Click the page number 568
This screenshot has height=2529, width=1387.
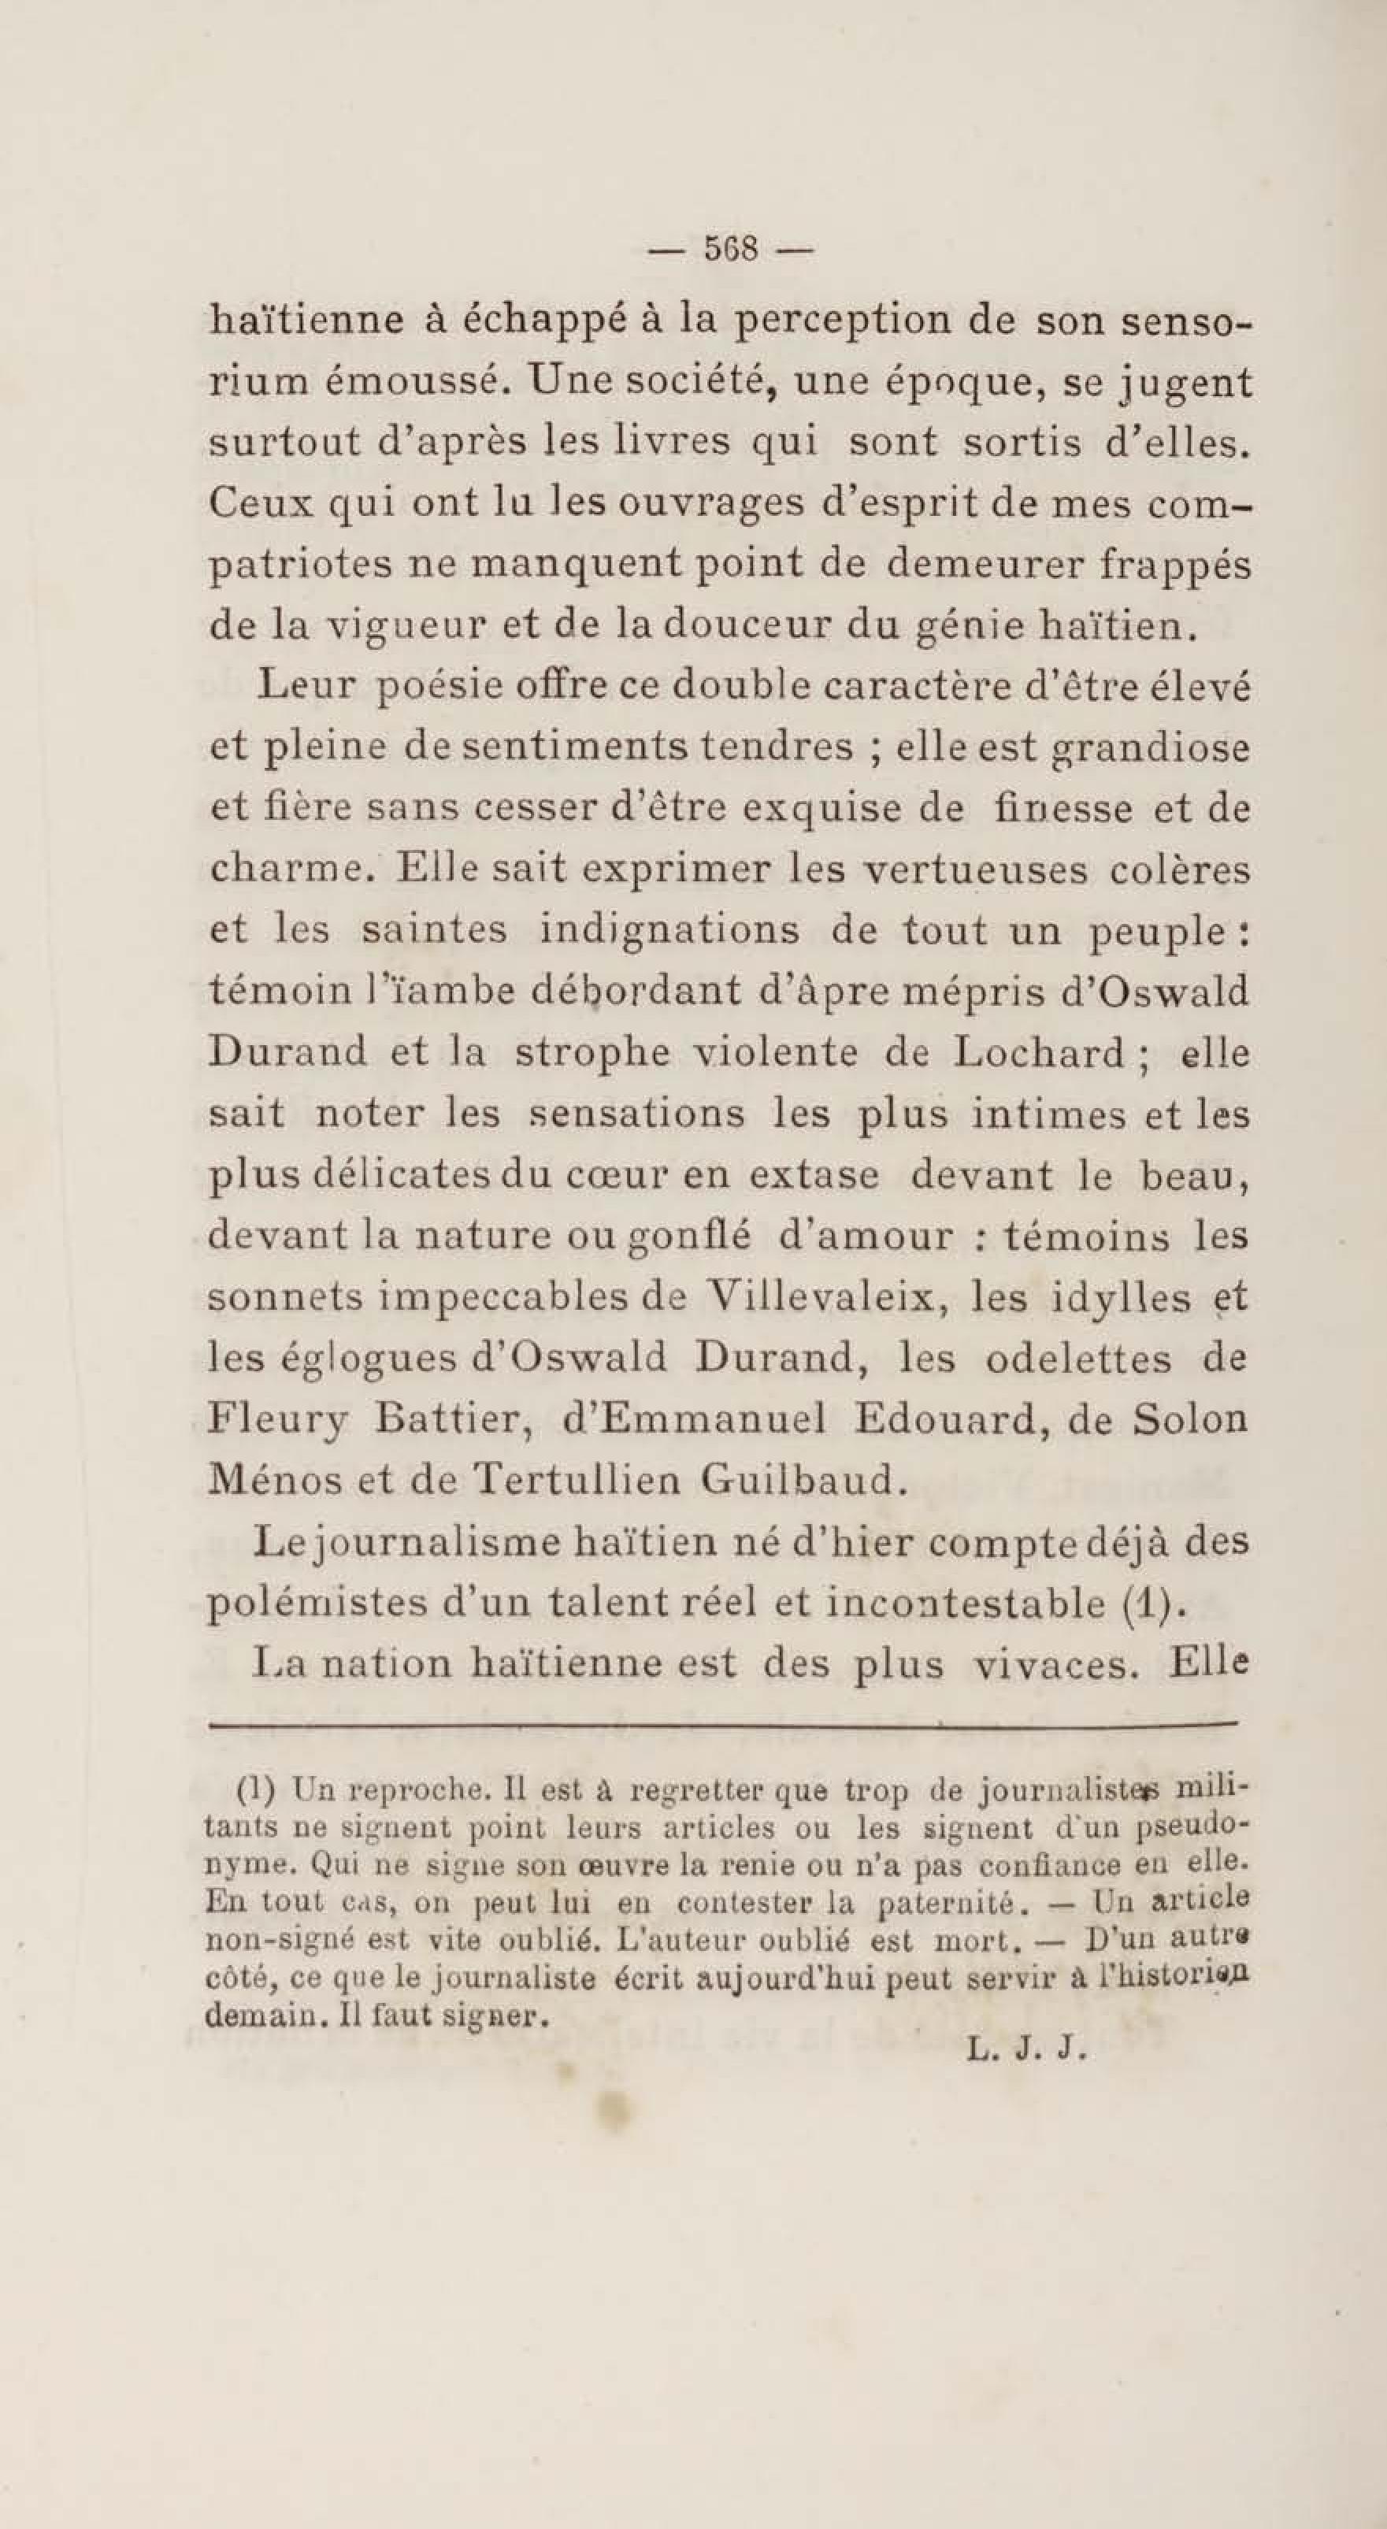tap(731, 250)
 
